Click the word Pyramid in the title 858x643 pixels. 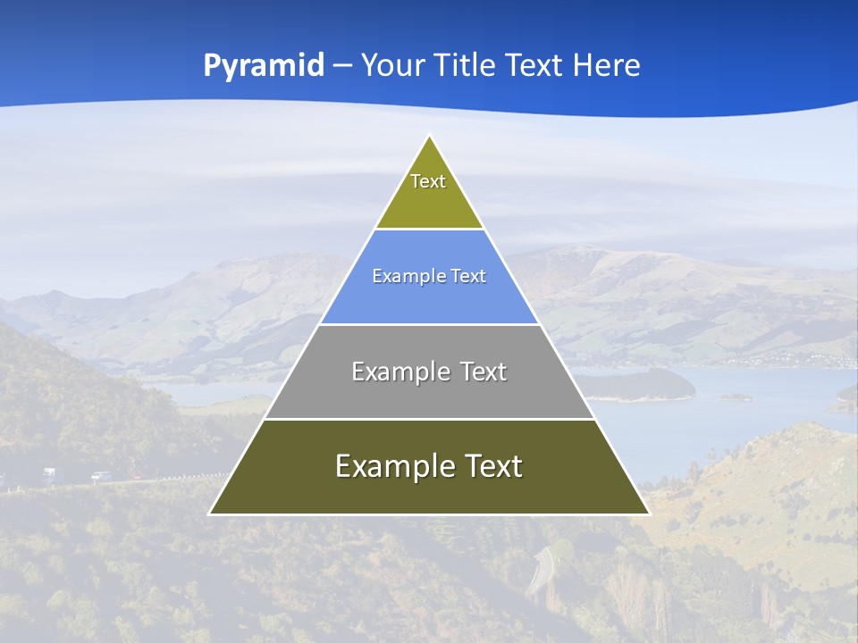tap(264, 66)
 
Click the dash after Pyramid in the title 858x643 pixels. tap(343, 66)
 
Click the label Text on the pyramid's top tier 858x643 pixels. tap(428, 181)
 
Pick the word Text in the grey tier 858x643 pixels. tap(484, 372)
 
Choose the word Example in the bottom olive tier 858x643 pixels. tap(392, 466)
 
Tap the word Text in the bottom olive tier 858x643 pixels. tap(492, 466)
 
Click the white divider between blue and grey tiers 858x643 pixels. tap(430, 324)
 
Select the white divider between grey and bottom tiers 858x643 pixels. tap(430, 419)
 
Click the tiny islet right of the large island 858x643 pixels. tap(736, 397)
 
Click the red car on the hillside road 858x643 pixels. tap(138, 477)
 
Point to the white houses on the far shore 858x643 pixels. tap(804, 361)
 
